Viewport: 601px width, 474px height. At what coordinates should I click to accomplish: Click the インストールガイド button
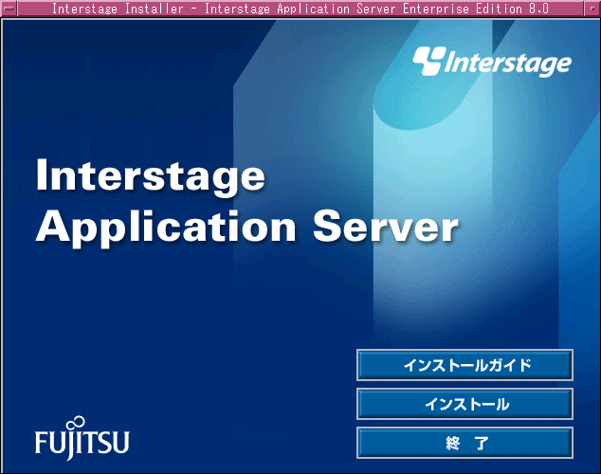(464, 365)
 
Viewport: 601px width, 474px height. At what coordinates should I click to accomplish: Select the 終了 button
(464, 443)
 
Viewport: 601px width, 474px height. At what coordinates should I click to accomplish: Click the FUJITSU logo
(82, 438)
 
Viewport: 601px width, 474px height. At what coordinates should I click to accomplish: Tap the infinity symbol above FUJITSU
(76, 423)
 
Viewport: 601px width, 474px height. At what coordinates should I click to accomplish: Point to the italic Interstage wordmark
(508, 64)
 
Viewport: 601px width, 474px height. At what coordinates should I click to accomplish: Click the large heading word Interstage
(150, 176)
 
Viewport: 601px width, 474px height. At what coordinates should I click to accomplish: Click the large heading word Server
(386, 227)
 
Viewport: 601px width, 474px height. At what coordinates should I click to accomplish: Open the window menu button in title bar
(9, 8)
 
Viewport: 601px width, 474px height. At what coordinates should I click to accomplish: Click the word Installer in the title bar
(155, 9)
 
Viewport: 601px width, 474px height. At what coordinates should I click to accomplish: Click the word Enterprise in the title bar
(435, 9)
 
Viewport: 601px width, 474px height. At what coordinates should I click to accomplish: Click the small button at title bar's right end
(592, 8)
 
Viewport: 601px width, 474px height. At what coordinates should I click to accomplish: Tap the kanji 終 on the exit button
(453, 443)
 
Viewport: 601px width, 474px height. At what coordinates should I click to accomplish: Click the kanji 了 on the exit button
(482, 443)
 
